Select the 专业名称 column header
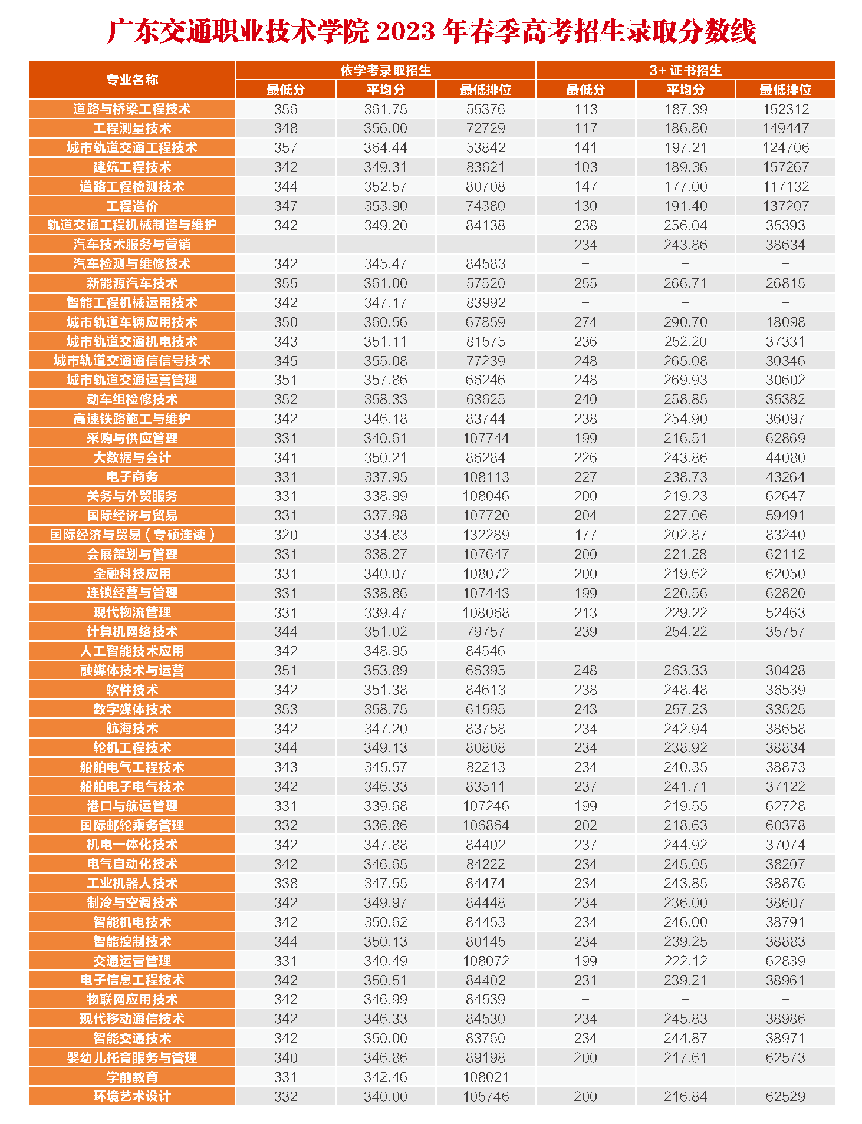tap(132, 80)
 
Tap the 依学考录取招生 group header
tap(386, 70)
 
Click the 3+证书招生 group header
tap(685, 70)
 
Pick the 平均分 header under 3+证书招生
tap(685, 90)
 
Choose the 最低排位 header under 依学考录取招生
tap(485, 90)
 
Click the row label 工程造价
tap(132, 206)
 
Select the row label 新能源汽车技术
tap(132, 283)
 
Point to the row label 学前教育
tap(132, 1077)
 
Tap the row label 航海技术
tap(132, 729)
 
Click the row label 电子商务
tap(132, 477)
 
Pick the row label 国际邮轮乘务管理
tap(132, 825)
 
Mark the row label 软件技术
tap(132, 690)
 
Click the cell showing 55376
tap(485, 109)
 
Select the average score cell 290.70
tap(685, 322)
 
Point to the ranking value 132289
tap(485, 535)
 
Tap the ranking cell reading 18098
tap(785, 322)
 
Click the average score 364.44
tap(386, 148)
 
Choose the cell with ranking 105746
tap(485, 1096)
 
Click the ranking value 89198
tap(485, 1057)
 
